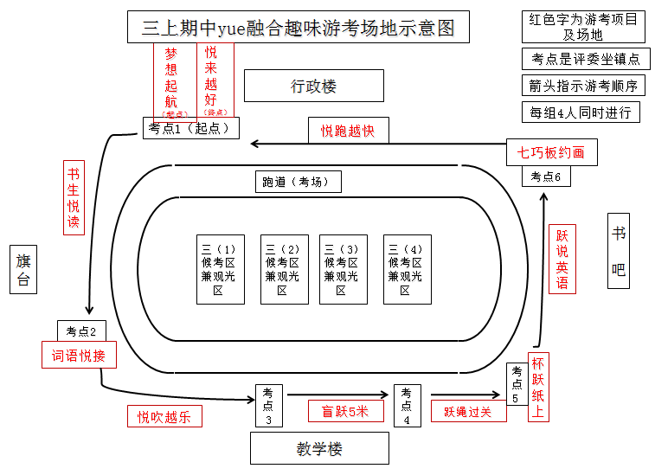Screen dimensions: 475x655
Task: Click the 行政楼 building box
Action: pos(313,86)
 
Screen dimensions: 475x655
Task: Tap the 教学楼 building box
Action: pos(319,448)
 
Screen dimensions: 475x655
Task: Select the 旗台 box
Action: pos(23,268)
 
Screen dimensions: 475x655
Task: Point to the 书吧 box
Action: pos(619,250)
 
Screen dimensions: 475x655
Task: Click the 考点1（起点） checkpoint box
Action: pos(189,128)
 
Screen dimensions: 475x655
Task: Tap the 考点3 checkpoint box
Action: pos(268,405)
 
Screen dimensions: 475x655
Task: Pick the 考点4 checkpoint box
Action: pos(407,405)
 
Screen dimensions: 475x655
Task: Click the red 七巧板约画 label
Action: pos(551,152)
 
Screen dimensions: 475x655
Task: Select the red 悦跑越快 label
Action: pos(348,130)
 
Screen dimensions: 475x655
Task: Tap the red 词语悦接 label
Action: pos(79,355)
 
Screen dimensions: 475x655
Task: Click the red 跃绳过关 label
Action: pos(468,411)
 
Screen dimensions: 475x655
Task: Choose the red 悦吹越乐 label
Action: pos(164,416)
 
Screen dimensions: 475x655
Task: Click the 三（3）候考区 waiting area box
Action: pos(343,269)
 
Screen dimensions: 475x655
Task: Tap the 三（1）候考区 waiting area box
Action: pos(220,269)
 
